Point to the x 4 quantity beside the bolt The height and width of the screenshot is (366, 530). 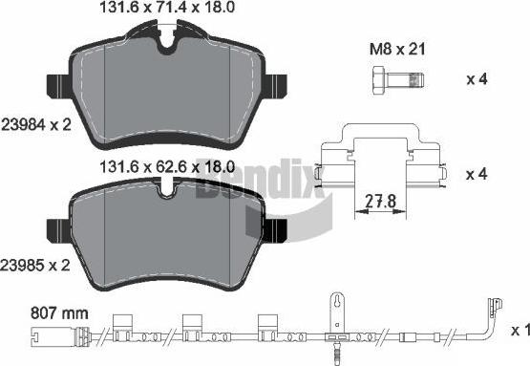[x=477, y=79]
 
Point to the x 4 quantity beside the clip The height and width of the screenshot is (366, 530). [x=477, y=175]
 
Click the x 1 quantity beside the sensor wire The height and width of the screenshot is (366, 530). [x=519, y=330]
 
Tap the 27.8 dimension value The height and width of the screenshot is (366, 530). [x=382, y=203]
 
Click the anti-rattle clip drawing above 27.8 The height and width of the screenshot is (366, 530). [x=382, y=158]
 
